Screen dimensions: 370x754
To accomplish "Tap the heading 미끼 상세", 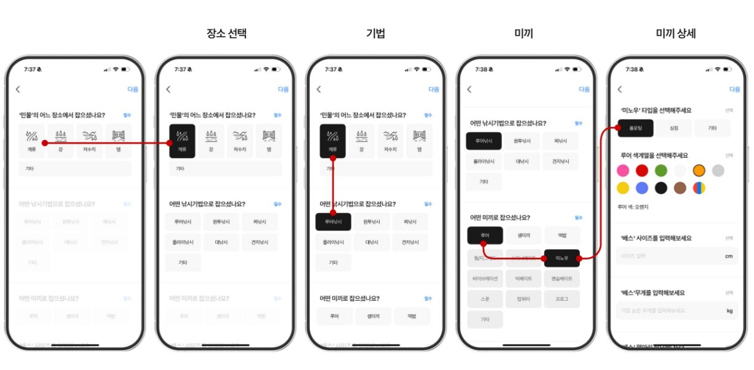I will pos(676,34).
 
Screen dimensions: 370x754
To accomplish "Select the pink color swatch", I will pos(623,171).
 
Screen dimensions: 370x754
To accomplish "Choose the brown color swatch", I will pos(680,188).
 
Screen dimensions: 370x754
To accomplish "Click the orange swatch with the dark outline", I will pos(699,171).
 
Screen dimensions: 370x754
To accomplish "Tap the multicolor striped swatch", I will pos(699,188).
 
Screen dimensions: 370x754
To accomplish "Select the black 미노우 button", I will pos(561,258).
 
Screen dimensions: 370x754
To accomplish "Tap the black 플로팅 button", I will pos(635,128).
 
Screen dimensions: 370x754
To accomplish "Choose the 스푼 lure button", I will pos(485,299).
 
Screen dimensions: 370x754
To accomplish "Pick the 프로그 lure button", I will pos(561,299).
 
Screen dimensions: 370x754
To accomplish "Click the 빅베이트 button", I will pos(523,279).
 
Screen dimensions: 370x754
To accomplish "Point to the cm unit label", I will pos(729,256).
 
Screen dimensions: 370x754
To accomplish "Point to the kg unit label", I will pos(729,311).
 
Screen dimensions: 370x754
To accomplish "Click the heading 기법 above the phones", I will pos(376,34).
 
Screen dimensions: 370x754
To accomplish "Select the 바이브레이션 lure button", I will pos(485,279).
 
